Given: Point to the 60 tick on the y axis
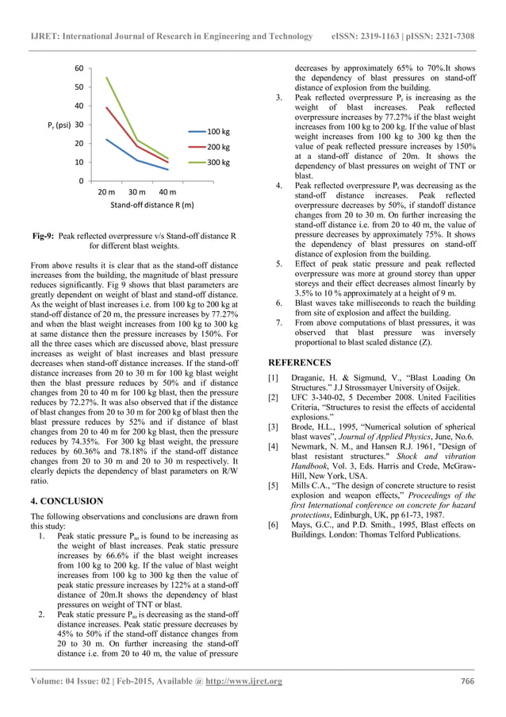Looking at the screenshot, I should click(80, 68).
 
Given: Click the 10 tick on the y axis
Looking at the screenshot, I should click(80, 162).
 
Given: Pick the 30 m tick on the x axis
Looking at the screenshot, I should click(136, 193).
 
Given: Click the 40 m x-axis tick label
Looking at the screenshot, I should click(167, 193).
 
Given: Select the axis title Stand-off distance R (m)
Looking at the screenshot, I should click(151, 206).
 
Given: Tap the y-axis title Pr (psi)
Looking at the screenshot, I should click(57, 125).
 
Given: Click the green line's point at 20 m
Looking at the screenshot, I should click(106, 78).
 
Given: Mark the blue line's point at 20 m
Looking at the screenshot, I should click(106, 140).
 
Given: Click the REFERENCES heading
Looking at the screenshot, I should click(303, 360).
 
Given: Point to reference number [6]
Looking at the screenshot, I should click(274, 525).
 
